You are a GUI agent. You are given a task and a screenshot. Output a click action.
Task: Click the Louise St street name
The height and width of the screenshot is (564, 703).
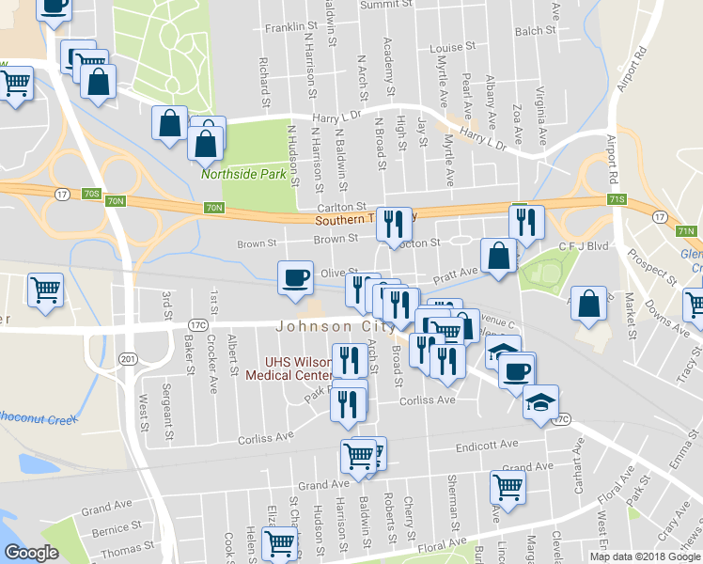(453, 48)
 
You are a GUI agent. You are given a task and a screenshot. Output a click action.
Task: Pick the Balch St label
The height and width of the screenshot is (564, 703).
(536, 31)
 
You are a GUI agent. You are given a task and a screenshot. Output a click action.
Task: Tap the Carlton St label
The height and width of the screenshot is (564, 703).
(340, 206)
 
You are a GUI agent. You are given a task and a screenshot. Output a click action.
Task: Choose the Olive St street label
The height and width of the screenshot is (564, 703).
(336, 273)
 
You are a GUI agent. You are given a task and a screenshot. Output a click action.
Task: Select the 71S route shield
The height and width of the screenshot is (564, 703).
(617, 199)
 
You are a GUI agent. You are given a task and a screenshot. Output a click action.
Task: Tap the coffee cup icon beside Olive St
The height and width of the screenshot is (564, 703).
(295, 278)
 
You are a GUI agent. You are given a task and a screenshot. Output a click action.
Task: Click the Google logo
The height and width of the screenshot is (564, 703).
(32, 553)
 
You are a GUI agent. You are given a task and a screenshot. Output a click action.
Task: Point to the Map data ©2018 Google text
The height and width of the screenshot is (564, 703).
(645, 556)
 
